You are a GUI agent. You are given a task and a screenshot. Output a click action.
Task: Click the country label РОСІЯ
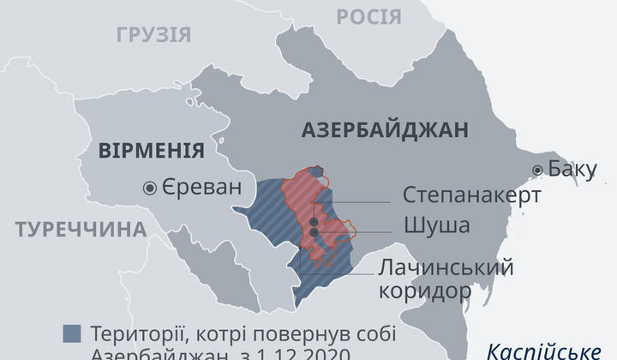coord(368,16)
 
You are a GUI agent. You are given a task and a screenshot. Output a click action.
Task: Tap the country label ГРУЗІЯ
coord(153,35)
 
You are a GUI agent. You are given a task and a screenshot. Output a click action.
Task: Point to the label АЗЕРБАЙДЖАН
coord(385,130)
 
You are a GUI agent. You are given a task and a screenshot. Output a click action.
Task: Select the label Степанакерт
coord(471,196)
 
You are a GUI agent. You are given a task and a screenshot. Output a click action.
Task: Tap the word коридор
coord(424,291)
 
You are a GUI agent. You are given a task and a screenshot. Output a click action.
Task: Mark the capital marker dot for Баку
coord(537,170)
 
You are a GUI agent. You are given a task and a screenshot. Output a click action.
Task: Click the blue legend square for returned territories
coord(72,333)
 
